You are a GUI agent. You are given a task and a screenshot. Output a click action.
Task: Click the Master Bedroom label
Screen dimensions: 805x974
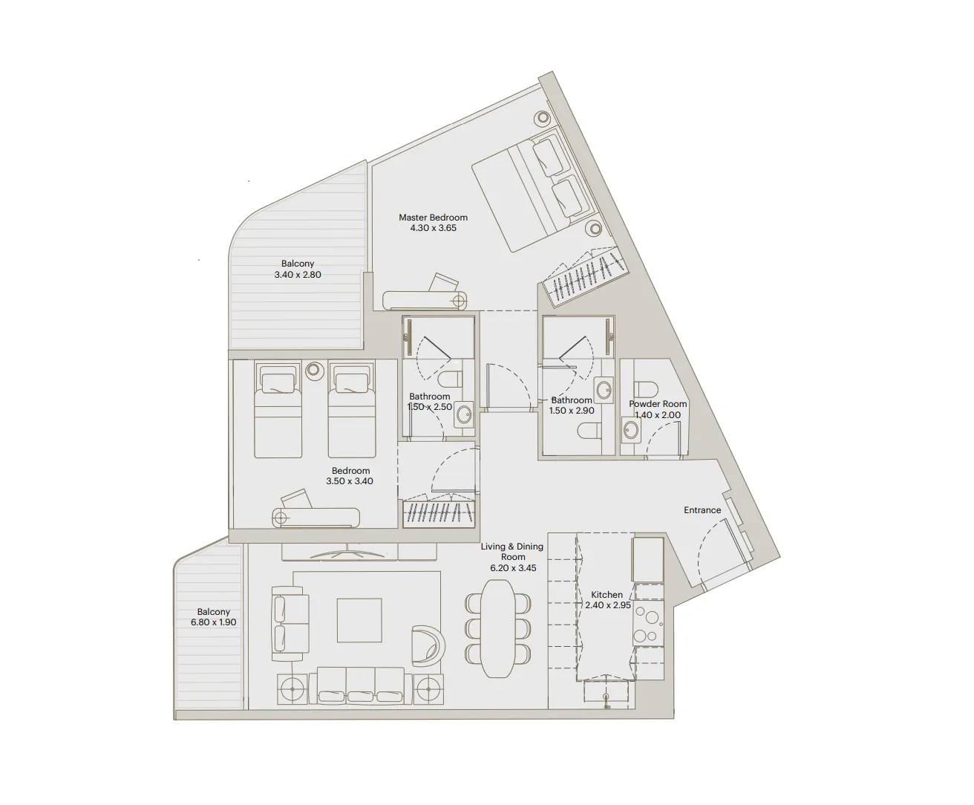tap(433, 218)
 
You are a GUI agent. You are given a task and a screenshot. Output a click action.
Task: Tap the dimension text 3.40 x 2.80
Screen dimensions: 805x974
tap(297, 275)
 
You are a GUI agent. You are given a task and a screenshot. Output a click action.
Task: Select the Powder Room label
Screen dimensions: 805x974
tap(658, 404)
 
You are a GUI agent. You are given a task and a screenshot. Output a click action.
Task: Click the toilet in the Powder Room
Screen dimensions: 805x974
tap(646, 389)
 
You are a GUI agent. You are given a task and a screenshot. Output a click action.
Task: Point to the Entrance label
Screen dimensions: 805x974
tap(702, 510)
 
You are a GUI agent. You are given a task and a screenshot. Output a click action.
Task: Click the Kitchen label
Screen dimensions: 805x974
tap(607, 595)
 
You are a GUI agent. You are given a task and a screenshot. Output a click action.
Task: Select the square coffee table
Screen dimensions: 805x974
tap(359, 620)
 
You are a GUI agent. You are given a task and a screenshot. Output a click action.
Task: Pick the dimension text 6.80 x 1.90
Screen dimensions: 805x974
tap(213, 622)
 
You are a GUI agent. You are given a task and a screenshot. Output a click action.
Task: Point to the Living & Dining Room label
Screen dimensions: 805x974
tap(512, 551)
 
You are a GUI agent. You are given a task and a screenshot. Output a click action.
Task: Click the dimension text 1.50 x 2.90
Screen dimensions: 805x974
tap(572, 411)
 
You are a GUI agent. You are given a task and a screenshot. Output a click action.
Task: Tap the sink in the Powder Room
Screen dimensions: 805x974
tap(632, 430)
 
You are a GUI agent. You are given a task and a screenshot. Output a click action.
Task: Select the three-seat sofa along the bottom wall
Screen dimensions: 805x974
tap(361, 684)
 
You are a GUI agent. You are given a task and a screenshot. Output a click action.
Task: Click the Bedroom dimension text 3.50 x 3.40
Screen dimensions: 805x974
tap(350, 481)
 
